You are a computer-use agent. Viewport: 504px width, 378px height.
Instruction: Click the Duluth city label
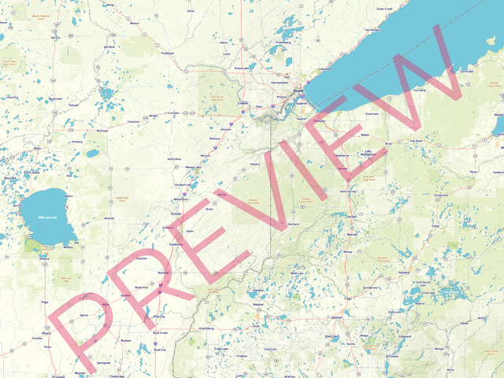click(x=298, y=92)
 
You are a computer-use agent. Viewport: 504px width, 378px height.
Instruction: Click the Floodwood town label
click(x=167, y=54)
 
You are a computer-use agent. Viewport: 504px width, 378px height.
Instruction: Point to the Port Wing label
click(x=420, y=90)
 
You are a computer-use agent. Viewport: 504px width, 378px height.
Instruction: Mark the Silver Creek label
click(x=384, y=9)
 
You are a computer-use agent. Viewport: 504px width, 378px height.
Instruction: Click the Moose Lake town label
click(x=193, y=167)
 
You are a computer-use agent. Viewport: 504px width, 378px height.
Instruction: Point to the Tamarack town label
click(x=133, y=121)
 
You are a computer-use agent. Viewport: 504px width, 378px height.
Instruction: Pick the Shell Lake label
click(x=332, y=336)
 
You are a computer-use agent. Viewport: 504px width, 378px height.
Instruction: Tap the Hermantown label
click(x=279, y=82)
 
